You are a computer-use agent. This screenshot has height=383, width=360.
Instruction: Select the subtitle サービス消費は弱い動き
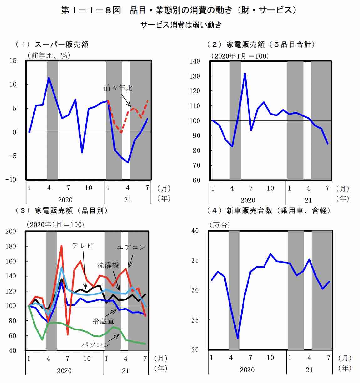(181, 25)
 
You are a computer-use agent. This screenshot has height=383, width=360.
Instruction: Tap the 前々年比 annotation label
(118, 88)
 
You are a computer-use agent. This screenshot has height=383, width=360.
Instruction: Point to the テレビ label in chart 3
(83, 246)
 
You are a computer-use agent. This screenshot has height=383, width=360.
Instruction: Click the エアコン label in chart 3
(131, 247)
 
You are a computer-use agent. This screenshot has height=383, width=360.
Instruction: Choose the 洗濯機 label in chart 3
(108, 266)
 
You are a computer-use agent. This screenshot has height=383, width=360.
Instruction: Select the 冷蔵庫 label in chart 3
(103, 321)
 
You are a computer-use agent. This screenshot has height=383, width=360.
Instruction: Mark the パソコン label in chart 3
(96, 345)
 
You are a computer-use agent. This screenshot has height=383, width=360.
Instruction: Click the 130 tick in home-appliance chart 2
(195, 76)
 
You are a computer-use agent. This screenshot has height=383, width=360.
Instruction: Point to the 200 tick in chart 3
(11, 231)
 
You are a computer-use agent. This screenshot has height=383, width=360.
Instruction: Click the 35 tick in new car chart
(195, 260)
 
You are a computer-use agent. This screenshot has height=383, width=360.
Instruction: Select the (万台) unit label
(219, 225)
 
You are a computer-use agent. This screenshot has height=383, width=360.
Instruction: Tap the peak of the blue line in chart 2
(245, 73)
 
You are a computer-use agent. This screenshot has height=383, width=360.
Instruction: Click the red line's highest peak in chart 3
(61, 246)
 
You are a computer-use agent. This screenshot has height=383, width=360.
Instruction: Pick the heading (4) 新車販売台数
(269, 211)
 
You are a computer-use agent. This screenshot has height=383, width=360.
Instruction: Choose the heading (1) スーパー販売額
(52, 44)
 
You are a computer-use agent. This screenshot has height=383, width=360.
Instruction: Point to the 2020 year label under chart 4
(247, 370)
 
